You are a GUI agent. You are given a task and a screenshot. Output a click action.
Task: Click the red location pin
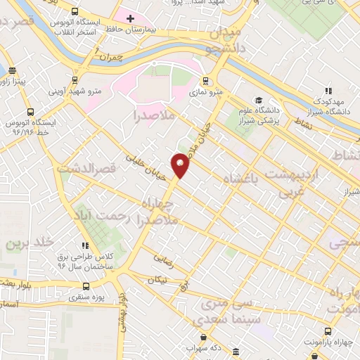[181, 165]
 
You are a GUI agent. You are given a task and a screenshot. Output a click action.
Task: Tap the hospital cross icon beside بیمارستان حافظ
[130, 17]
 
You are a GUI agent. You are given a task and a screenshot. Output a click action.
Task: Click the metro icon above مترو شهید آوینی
[75, 79]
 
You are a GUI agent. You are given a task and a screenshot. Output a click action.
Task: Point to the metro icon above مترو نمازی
[206, 81]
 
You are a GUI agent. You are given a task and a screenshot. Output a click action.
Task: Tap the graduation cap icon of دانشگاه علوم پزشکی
[259, 100]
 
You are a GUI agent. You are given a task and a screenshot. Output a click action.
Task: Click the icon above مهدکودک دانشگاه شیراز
[328, 90]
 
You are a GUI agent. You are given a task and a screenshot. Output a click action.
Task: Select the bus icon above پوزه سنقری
[86, 286]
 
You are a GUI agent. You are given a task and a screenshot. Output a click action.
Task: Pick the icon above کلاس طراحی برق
[84, 245]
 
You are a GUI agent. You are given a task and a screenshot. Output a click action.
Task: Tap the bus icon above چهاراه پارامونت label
[326, 332]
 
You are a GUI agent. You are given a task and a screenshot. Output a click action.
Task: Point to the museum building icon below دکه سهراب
[234, 352]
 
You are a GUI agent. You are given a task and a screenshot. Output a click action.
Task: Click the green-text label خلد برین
[30, 243]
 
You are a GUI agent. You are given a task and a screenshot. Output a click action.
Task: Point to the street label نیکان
[157, 280]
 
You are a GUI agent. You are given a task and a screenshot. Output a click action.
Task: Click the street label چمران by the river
[111, 55]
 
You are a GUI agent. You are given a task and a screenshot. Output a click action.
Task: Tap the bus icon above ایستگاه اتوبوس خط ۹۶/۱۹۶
[29, 112]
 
